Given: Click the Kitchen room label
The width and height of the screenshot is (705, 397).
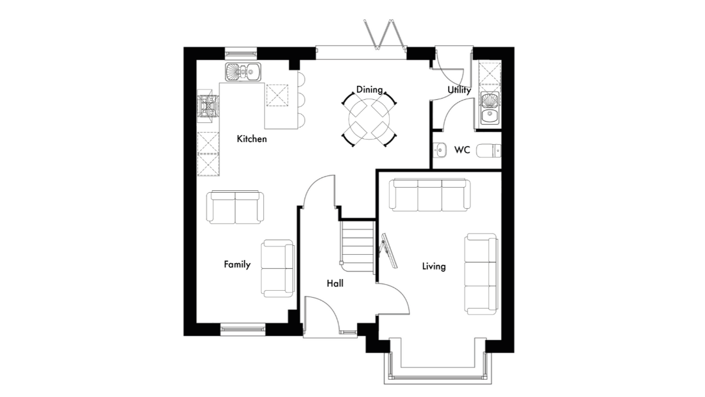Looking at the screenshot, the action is click(x=252, y=139).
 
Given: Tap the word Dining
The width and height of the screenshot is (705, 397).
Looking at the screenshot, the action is click(x=369, y=90).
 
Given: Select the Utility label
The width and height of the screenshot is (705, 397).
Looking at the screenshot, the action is click(x=459, y=90).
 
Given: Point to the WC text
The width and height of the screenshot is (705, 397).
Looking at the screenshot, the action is click(x=462, y=150).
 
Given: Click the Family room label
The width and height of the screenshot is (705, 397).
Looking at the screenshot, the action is click(x=237, y=264).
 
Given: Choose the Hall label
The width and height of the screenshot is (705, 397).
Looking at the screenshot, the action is click(x=335, y=284).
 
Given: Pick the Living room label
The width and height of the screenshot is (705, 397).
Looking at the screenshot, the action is click(x=434, y=266).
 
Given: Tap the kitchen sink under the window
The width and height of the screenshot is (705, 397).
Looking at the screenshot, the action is click(x=243, y=72).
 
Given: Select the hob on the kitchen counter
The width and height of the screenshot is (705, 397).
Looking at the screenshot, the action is click(x=209, y=106).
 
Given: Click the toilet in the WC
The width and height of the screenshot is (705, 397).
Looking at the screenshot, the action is click(x=489, y=150).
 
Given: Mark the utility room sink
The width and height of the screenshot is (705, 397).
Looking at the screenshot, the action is click(x=489, y=109).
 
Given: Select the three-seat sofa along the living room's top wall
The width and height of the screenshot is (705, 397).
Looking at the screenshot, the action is click(x=430, y=195).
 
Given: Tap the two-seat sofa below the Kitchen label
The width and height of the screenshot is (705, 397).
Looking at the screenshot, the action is click(x=235, y=207).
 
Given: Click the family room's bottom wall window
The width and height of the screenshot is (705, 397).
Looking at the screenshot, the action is click(x=244, y=329).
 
